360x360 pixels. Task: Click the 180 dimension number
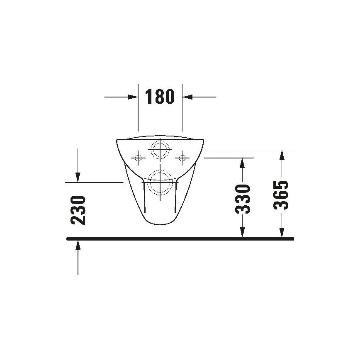pos(160,97)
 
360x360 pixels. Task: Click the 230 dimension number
pos(78,210)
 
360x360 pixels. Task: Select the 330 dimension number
pos(243,199)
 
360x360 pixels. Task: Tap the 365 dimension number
pos(282,195)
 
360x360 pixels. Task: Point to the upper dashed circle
pos(160,149)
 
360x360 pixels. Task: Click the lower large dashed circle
pos(160,182)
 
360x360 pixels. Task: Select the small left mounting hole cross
pos(138,157)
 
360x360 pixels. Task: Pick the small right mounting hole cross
pos(182,157)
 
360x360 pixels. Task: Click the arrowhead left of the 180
pos(133,97)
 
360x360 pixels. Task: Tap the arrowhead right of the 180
pos(187,97)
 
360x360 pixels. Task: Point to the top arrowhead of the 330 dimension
pos(243,163)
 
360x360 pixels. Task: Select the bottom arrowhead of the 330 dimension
pos(243,233)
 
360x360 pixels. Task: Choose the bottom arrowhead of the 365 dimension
pos(282,233)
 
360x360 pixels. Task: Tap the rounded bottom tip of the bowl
pos(160,224)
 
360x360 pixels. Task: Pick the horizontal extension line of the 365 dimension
pos(249,149)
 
